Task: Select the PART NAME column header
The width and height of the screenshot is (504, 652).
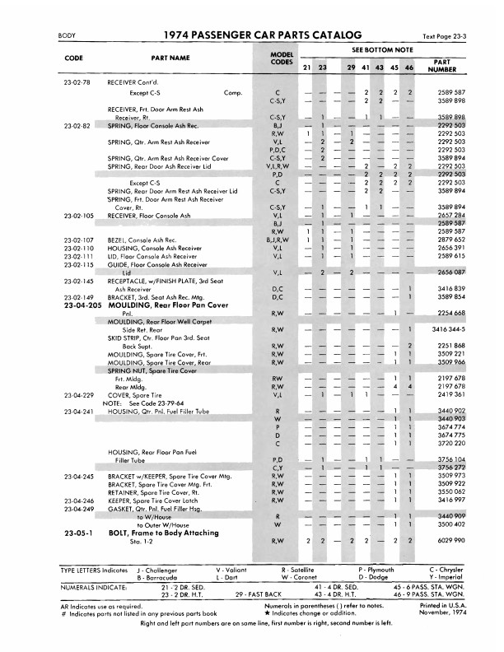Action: pyautogui.click(x=170, y=58)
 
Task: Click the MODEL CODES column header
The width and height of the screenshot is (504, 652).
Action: pyautogui.click(x=282, y=58)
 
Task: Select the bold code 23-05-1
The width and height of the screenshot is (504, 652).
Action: pyautogui.click(x=77, y=533)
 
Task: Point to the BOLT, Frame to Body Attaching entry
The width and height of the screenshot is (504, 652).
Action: pyautogui.click(x=156, y=533)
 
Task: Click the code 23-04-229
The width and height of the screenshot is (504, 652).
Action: pyautogui.click(x=77, y=394)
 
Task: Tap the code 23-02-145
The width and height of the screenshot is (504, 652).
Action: pyautogui.click(x=77, y=281)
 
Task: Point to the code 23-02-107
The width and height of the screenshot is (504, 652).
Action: pyautogui.click(x=77, y=240)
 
